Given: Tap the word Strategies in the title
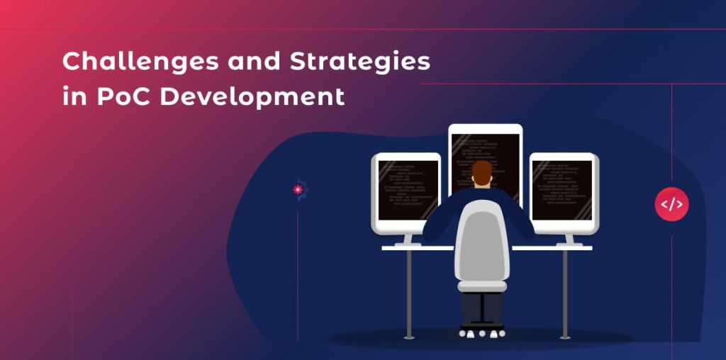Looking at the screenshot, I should point(360,62).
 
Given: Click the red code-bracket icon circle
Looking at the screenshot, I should point(671,205).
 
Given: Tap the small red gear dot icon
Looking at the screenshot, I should point(298,189).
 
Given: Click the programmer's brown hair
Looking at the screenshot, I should point(482,171).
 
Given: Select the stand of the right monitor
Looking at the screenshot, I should point(568,240).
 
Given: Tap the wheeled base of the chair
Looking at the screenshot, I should point(482,330).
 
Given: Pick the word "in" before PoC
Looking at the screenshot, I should point(72,96).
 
